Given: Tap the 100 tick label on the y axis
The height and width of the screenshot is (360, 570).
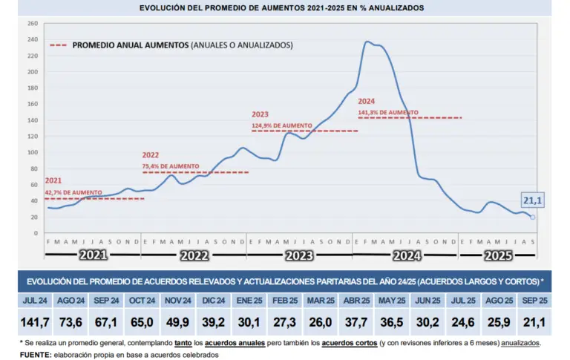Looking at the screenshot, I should pyautogui.click(x=33, y=153).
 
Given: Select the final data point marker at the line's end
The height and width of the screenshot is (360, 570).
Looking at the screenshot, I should pyautogui.click(x=533, y=217).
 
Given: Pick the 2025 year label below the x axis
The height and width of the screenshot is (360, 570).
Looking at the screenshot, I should pyautogui.click(x=497, y=255).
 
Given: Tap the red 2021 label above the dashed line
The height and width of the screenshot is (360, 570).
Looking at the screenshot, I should pyautogui.click(x=53, y=181).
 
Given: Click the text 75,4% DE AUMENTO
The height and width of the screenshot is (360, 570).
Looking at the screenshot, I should pyautogui.click(x=170, y=166).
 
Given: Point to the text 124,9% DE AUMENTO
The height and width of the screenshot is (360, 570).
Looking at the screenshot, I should pyautogui.click(x=281, y=125).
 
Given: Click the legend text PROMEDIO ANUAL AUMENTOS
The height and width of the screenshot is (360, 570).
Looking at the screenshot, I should pyautogui.click(x=130, y=45).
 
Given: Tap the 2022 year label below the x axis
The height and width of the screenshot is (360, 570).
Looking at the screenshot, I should pyautogui.click(x=194, y=255).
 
